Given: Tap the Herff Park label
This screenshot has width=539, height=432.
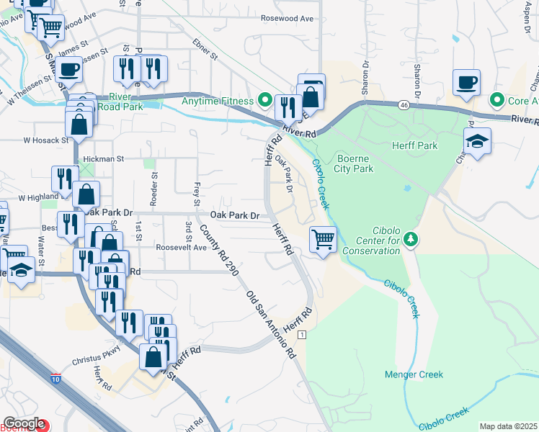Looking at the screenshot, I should pyautogui.click(x=414, y=145).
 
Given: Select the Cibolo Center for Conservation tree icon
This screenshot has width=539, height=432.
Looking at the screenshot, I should pyautogui.click(x=411, y=238).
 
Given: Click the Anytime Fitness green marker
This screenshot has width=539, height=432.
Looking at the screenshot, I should pyautogui.click(x=265, y=101).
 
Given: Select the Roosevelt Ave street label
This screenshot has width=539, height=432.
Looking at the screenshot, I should pyautogui.click(x=182, y=247).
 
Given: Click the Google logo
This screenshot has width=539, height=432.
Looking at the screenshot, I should pyautogui.click(x=24, y=423).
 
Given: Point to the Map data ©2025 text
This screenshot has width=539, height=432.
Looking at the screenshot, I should pyautogui.click(x=507, y=426).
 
